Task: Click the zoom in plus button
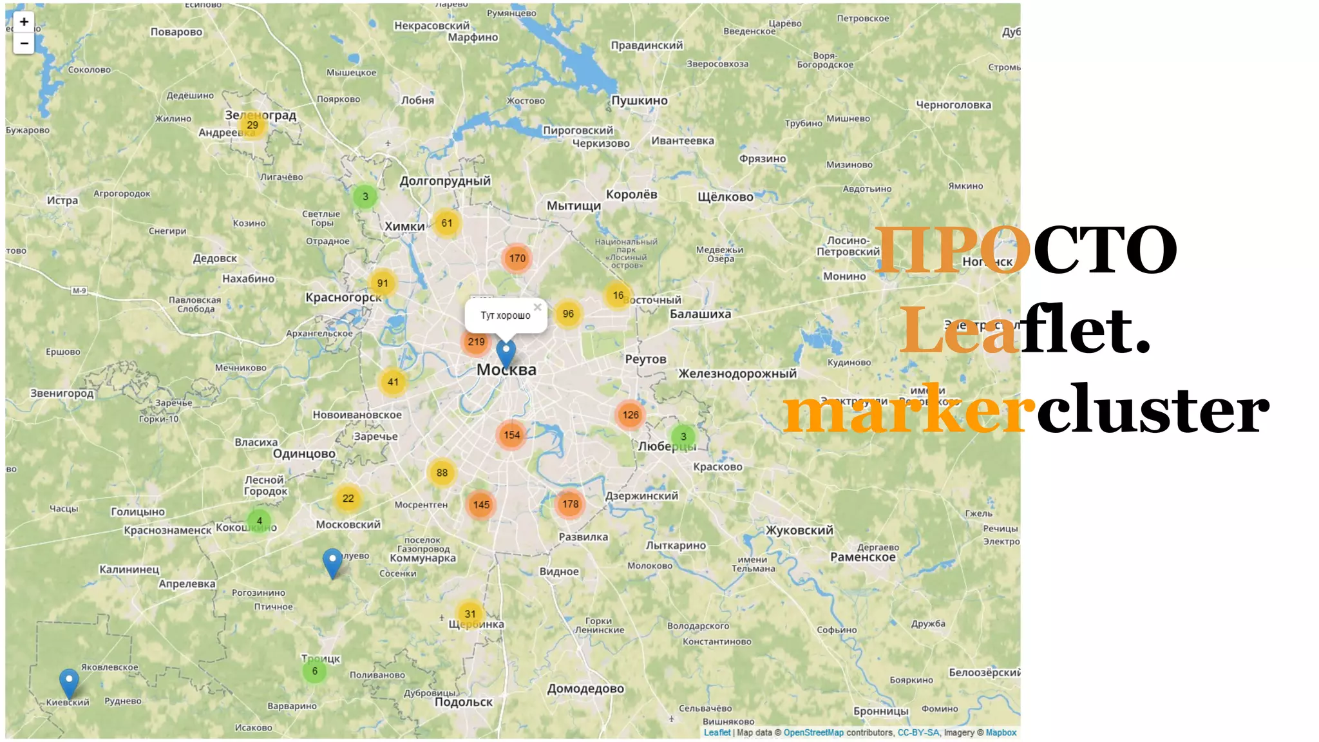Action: (24, 22)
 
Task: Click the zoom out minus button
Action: (24, 43)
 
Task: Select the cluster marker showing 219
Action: (476, 342)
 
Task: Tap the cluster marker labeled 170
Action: (517, 258)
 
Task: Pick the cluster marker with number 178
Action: (570, 504)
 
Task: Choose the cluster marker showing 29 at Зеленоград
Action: (252, 125)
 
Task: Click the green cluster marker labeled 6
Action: (314, 671)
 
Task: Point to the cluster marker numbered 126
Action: (631, 415)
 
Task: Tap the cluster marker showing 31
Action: (470, 614)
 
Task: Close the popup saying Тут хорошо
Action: (537, 307)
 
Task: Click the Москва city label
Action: (506, 370)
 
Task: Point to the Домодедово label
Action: (585, 689)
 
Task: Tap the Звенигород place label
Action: (62, 393)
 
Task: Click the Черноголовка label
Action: (953, 105)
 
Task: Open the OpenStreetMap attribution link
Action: (813, 732)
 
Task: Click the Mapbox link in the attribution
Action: (1001, 732)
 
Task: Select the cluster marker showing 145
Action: (481, 505)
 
